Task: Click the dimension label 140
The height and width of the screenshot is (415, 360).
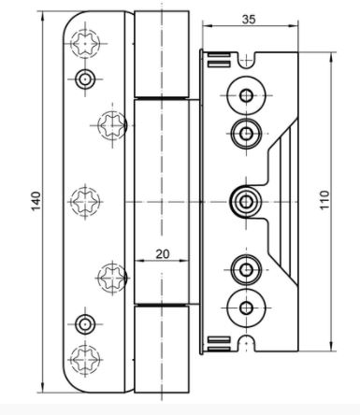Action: pos(36,201)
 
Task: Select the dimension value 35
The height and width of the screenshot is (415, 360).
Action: pos(249,20)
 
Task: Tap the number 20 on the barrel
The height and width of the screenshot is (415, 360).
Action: pos(163,254)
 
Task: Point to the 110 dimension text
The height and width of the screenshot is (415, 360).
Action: pos(324,200)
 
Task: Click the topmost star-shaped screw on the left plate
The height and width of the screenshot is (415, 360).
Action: pos(85,43)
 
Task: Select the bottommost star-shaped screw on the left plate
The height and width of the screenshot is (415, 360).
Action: pos(85,359)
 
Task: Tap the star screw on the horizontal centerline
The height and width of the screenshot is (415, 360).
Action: pos(85,202)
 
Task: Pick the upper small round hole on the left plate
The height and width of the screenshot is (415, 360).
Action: pos(85,79)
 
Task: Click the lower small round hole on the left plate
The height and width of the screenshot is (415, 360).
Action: pos(85,324)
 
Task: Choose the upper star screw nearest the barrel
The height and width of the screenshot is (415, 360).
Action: pos(112,125)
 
